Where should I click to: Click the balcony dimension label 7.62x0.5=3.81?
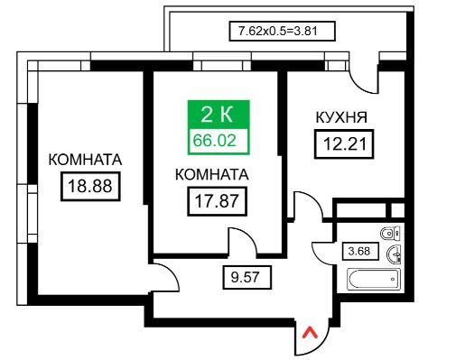282,31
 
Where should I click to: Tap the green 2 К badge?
219,115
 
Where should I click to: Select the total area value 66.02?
215,141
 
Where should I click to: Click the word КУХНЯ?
341,117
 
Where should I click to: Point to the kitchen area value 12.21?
344,144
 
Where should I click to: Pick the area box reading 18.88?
90,186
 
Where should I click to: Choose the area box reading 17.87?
217,201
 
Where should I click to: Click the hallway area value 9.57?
246,277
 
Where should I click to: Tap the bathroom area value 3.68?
360,251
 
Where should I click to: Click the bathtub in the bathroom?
374,280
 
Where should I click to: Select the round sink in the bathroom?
394,255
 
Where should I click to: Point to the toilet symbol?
391,233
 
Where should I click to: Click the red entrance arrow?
310,333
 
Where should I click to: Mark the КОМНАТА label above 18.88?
85,160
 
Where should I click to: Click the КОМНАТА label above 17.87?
212,175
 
